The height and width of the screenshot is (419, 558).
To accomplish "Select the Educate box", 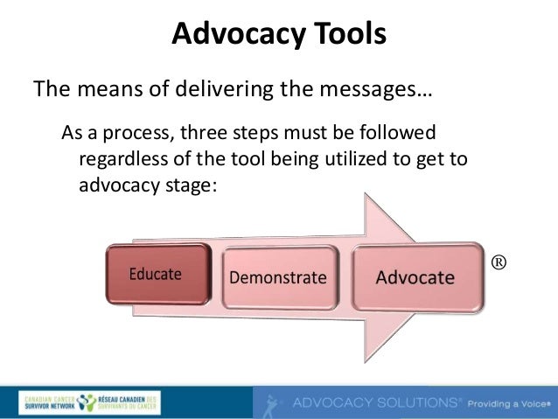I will coord(157,275).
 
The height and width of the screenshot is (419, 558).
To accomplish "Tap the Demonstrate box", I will coord(277,278).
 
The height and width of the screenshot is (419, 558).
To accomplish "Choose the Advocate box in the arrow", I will coord(415,278).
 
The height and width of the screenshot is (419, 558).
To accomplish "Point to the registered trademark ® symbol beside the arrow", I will coord(499,262).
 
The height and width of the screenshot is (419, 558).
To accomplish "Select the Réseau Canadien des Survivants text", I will coord(130,402).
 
